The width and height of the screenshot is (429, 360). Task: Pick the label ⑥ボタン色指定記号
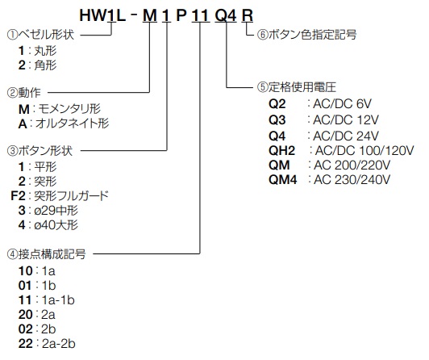click(306, 35)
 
